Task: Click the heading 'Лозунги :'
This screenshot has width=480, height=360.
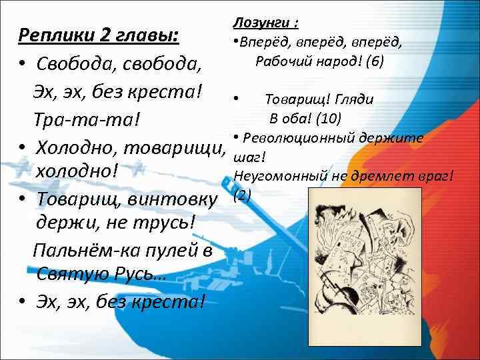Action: (265, 23)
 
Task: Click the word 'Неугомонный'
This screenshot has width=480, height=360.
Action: (271, 175)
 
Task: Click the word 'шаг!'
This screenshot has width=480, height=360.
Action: (249, 157)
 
